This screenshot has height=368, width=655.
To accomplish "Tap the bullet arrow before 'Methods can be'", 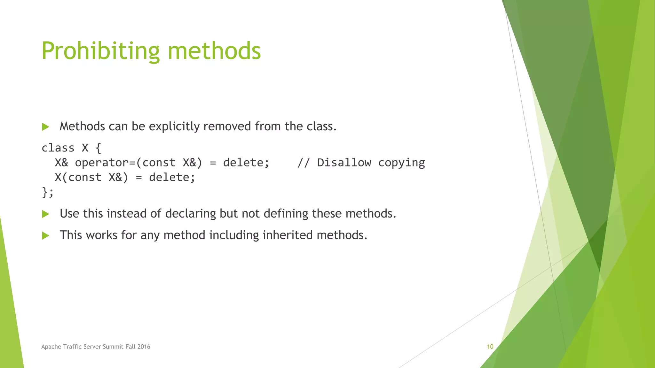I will [45, 127].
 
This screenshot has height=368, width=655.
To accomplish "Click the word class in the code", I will [58, 148].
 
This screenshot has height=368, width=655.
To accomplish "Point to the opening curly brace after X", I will [98, 148].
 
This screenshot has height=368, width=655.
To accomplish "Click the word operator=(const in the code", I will [125, 163].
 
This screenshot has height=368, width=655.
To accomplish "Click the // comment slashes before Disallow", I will [303, 163].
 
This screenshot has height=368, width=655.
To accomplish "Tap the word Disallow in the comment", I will [344, 163].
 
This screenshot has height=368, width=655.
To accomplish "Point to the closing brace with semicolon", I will [48, 192].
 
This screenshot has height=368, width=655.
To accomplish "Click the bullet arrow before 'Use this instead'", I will [45, 214].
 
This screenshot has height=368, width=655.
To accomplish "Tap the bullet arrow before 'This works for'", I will [45, 236].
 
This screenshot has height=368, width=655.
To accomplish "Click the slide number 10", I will [490, 347].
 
